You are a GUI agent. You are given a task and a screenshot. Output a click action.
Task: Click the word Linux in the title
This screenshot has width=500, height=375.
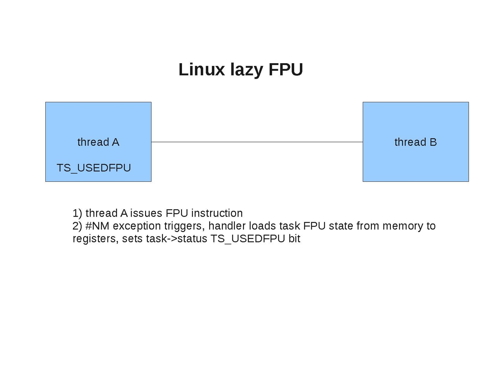tap(201, 69)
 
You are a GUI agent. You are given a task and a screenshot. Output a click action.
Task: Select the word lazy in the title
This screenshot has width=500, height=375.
tap(246, 70)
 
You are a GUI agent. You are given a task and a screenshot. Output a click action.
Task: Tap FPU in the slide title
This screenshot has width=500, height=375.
tap(285, 69)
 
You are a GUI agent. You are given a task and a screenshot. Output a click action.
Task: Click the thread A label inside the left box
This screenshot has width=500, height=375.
tap(98, 142)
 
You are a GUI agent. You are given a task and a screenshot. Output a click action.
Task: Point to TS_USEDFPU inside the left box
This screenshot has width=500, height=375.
tap(93, 168)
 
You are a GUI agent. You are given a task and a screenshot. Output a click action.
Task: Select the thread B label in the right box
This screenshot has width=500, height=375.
tap(415, 142)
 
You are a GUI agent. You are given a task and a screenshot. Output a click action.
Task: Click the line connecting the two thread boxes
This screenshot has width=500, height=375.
tap(256, 142)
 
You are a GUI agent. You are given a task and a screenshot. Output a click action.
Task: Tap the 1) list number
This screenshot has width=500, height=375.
tap(77, 213)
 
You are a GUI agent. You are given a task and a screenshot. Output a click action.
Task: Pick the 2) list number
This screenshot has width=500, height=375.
tap(77, 226)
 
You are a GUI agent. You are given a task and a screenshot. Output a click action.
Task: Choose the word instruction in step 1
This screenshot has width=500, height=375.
tap(217, 213)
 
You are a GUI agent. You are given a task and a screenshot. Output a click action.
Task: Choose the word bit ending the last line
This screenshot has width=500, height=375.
tap(294, 239)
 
